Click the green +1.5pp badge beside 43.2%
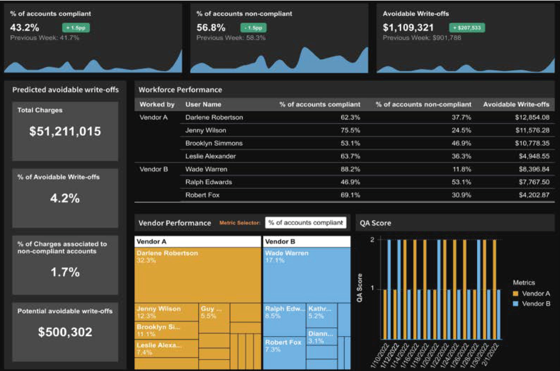pos(76,28)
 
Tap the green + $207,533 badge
pos(467,28)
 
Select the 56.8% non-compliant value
pos(211,27)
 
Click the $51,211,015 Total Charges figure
pos(65,131)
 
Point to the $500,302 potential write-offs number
pos(65,332)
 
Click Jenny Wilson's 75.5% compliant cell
pos(350,130)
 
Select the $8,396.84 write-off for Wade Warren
pos(534,169)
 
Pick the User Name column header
pos(203,105)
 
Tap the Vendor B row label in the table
pos(154,169)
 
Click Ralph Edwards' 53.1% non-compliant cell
pos(461,182)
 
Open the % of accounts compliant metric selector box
pos(305,223)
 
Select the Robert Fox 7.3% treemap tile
pos(283,352)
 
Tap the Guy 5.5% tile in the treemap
pos(214,317)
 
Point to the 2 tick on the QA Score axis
pos(372,240)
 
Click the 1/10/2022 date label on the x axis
pos(380,355)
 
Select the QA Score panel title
pos(375,223)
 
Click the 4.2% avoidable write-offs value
pos(65,198)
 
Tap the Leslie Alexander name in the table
pos(210,156)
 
